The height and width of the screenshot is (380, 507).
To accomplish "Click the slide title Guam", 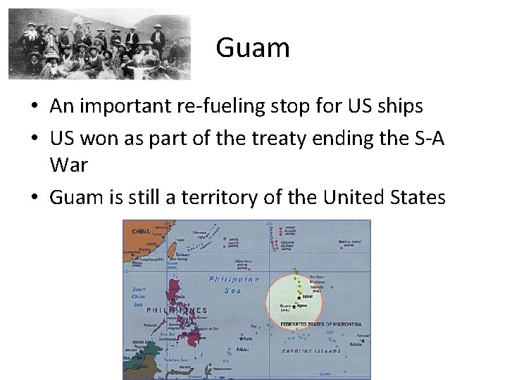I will click(253, 48).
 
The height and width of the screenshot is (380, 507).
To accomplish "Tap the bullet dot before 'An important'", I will click(34, 107).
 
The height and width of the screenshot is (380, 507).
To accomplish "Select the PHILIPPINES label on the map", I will click(175, 310).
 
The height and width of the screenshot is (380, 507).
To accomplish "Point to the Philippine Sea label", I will click(234, 284).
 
